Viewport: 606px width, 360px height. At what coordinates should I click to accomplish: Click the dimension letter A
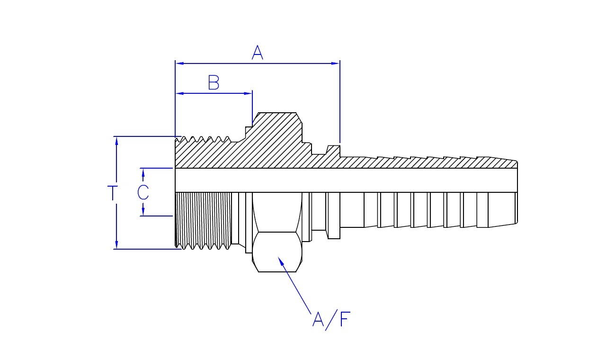coord(257,52)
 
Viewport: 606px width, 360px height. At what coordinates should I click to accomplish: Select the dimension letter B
coord(214,83)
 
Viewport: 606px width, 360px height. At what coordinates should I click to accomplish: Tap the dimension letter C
coord(143,192)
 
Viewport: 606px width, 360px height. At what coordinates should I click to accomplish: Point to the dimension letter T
coord(113,193)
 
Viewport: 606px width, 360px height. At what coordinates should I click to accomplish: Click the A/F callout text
coord(331,320)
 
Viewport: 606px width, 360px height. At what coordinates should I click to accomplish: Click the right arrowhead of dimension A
coord(336,63)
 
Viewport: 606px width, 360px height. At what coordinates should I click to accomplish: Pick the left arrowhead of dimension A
coord(179,63)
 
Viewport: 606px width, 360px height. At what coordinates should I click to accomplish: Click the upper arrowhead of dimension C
coord(143,172)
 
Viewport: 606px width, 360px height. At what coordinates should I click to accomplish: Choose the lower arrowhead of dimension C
coord(143,211)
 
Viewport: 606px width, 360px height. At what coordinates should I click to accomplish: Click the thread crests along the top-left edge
coord(204,140)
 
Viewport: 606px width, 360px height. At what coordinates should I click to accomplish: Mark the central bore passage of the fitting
coord(346,180)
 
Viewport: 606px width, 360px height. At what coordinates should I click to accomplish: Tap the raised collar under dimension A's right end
coord(335,151)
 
